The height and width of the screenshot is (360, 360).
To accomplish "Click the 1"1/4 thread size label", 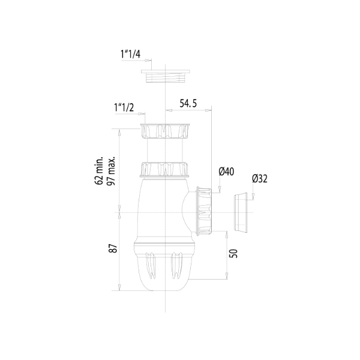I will tap(131, 55).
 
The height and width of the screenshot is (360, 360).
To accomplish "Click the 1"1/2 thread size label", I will tap(123, 107).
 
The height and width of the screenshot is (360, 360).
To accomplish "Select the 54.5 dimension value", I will tap(188, 104).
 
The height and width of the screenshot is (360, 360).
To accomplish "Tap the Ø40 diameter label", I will tap(226, 172).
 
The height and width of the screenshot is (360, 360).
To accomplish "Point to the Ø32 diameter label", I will tap(260, 178).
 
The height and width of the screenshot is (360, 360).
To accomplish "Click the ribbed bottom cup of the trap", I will tap(164, 267).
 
